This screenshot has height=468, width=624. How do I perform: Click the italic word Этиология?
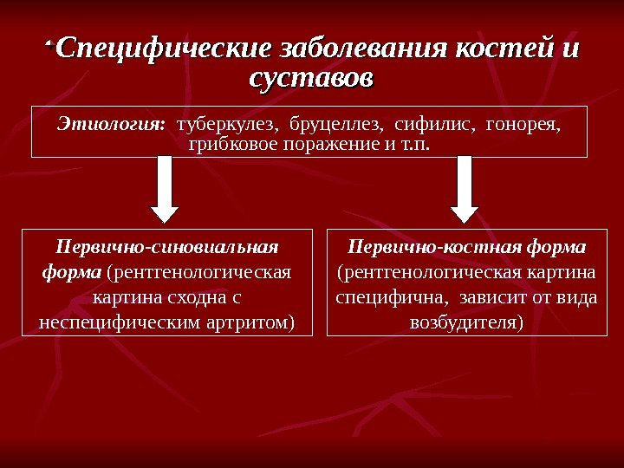(111, 124)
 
